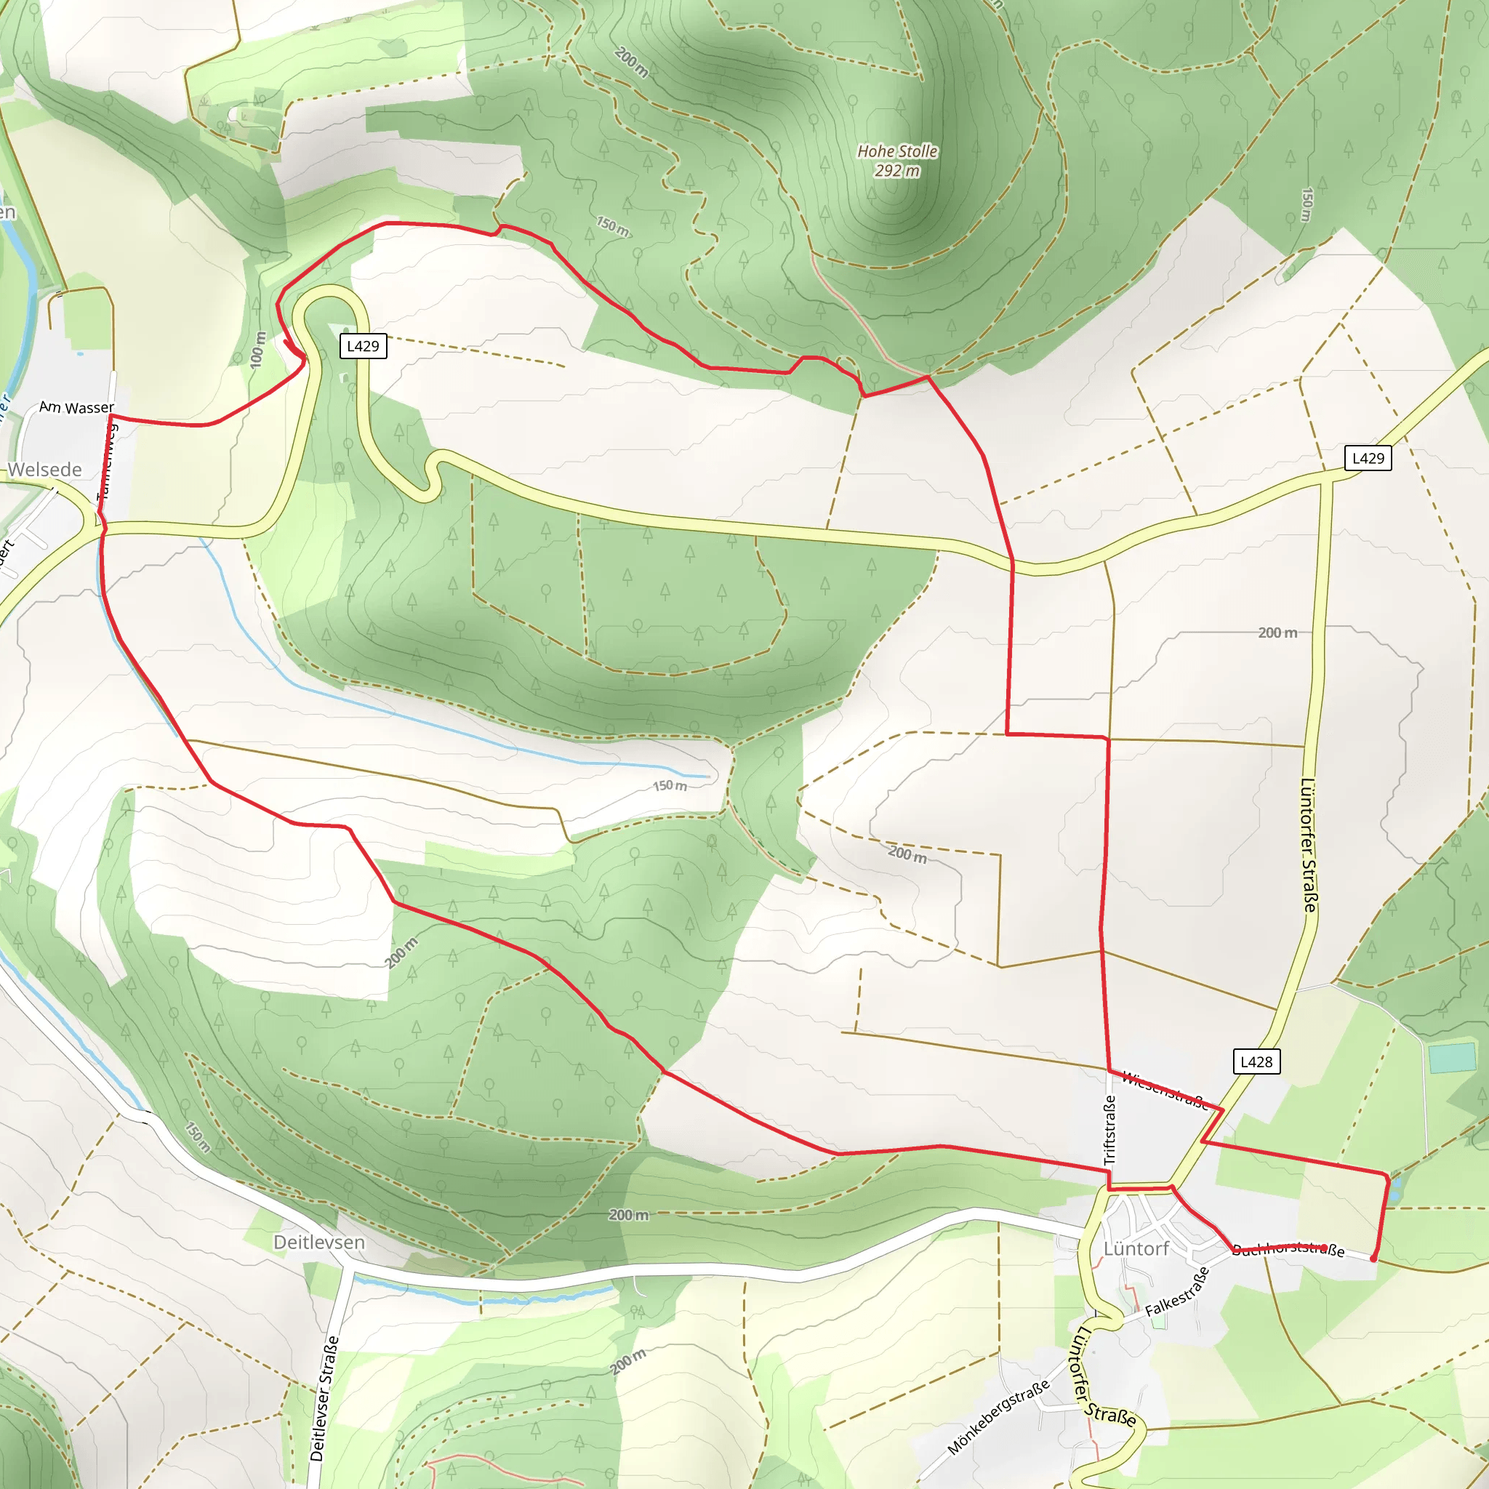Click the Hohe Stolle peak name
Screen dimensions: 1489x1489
[897, 151]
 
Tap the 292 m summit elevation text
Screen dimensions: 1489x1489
[897, 171]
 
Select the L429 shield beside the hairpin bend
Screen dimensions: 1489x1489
[363, 346]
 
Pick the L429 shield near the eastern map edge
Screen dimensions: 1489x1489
[1368, 458]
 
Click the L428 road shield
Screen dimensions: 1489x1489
[1256, 1061]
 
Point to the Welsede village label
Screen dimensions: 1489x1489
[44, 470]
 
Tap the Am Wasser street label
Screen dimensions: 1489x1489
[76, 407]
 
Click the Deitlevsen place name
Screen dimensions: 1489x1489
[319, 1242]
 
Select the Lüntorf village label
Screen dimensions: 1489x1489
[1136, 1248]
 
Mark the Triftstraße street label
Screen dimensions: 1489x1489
[1109, 1130]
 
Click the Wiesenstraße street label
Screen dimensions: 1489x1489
[1164, 1090]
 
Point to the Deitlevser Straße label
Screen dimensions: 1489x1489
[324, 1399]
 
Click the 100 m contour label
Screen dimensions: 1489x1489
[258, 349]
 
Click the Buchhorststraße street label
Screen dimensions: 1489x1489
[1288, 1249]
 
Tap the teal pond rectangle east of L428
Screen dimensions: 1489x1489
[1452, 1057]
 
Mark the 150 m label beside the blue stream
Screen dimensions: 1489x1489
[670, 785]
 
